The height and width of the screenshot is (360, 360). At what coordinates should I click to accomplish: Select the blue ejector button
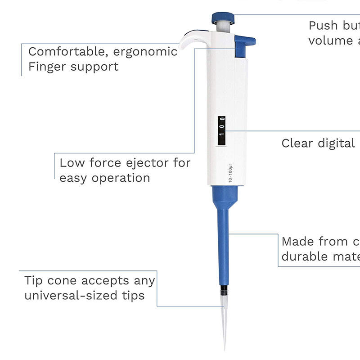click(245, 42)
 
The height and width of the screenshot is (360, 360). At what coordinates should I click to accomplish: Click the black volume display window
click(221, 131)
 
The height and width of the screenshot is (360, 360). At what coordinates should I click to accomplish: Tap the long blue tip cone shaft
click(225, 243)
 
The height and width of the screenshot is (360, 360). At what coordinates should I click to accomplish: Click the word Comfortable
click(68, 51)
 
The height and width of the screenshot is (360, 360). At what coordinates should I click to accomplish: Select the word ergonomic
click(145, 52)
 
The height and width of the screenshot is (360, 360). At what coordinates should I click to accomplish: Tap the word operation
click(121, 178)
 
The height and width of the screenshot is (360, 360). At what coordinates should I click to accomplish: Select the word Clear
click(297, 143)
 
